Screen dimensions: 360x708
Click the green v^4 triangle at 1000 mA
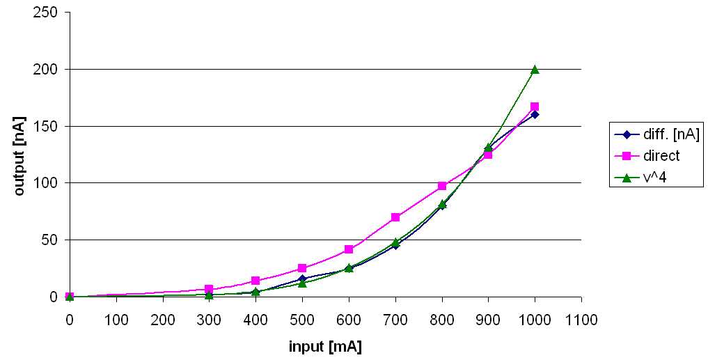535,70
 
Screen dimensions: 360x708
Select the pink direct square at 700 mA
395,217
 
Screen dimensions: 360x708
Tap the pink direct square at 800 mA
442,186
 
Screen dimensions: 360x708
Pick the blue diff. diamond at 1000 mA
535,114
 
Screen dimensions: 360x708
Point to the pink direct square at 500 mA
302,268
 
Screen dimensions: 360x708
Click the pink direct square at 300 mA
209,289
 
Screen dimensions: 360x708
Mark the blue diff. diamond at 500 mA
302,279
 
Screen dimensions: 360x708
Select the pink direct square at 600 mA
349,249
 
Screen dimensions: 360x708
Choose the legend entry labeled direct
646,156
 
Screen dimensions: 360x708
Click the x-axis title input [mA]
325,346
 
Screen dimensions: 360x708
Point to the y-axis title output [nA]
19,155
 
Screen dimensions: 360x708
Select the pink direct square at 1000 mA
535,107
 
